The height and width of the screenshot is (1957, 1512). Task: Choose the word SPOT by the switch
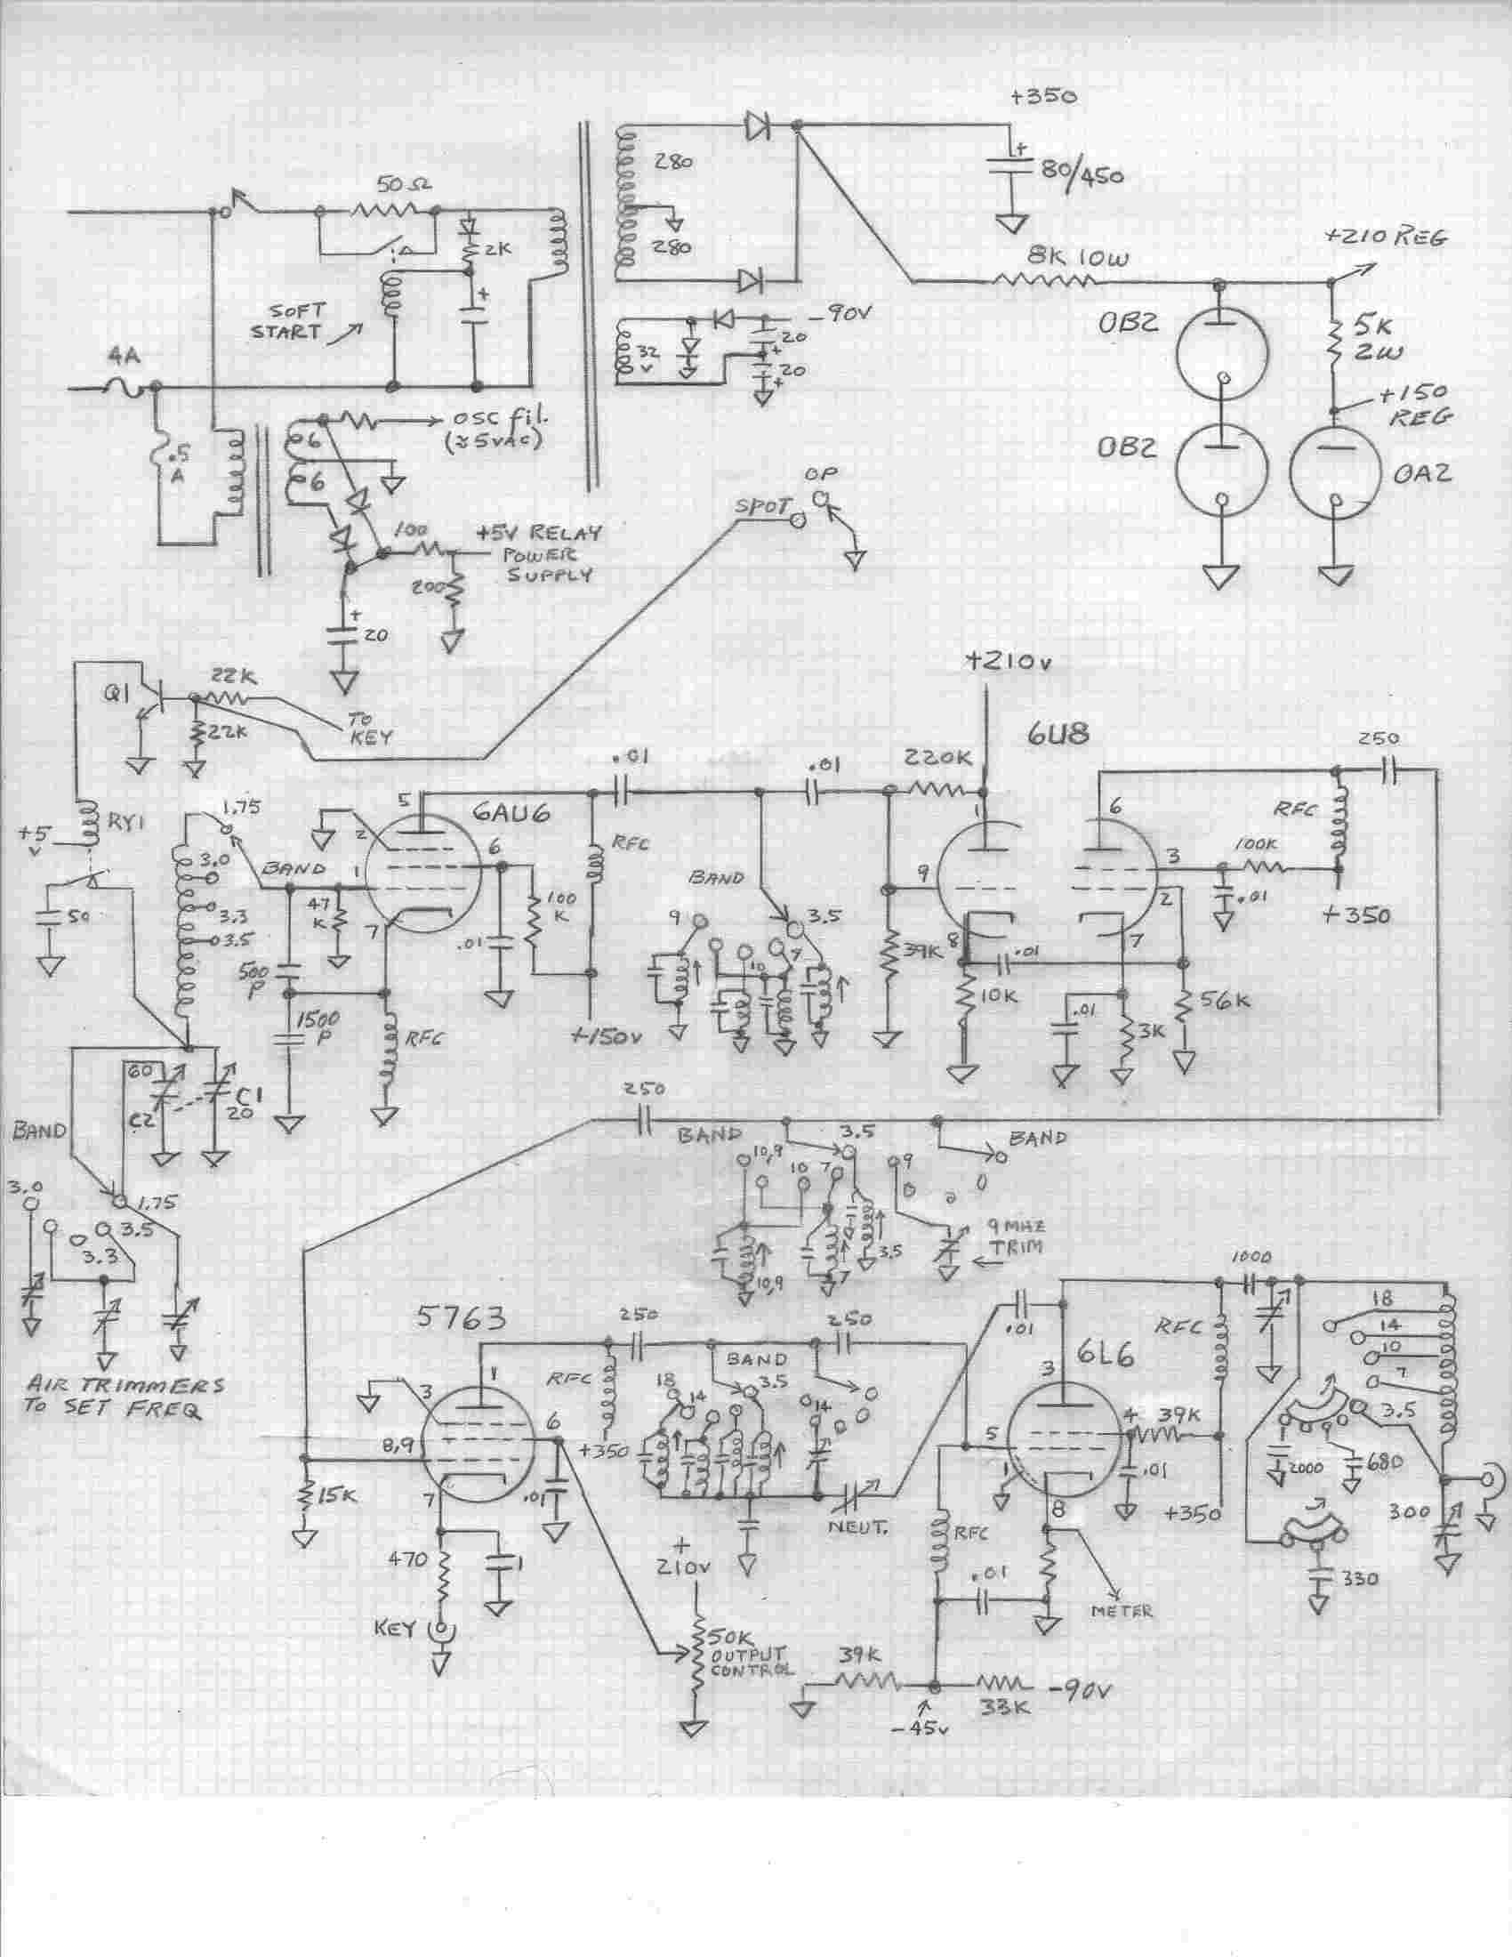pos(760,506)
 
